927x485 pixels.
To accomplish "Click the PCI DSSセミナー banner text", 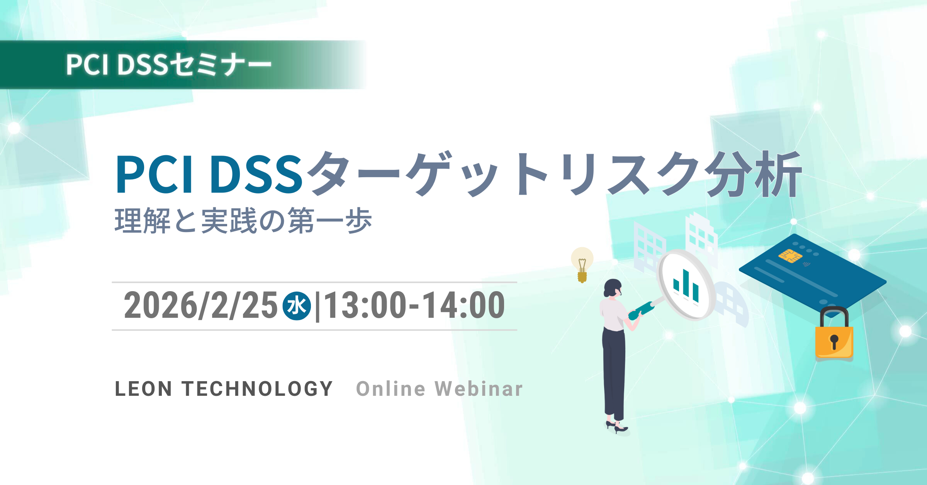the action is point(169,64).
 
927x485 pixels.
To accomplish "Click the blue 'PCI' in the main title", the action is point(154,174).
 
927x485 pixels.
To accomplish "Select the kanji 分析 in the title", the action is point(753,174).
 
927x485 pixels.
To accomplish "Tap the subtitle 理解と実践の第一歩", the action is point(243,221).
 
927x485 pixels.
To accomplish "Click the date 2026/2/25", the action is point(200,305).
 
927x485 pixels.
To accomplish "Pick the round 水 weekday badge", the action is point(297,306).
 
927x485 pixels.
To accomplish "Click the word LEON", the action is point(144,389).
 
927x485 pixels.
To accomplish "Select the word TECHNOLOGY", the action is point(257,389).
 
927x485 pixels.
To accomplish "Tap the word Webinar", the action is point(479,389).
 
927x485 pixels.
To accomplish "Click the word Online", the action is point(391,389).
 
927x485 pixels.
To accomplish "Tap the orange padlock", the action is point(834,334).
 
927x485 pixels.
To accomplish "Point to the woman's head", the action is point(613,288).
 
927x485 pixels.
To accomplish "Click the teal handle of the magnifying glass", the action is point(641,310).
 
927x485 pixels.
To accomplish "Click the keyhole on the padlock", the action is point(834,342).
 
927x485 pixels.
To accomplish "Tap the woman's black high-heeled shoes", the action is point(617,427).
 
